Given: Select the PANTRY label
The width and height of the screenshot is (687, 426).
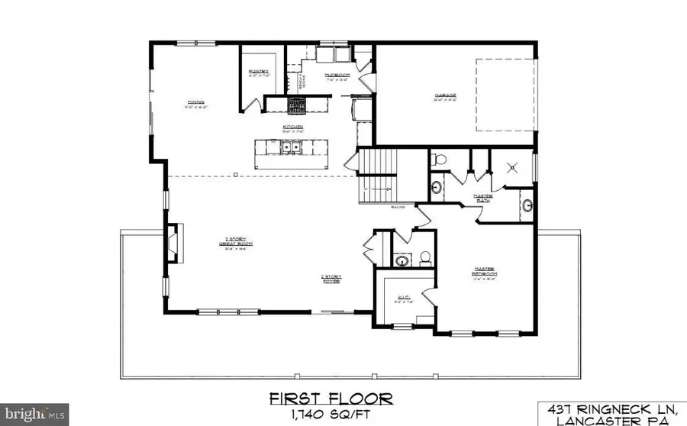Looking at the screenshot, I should [x=256, y=72].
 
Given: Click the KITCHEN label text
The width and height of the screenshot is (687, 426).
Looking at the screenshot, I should [x=294, y=126].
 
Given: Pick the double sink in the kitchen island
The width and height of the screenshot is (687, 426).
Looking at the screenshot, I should [x=292, y=147].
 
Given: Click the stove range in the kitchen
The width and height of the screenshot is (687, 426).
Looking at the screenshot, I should [x=295, y=105].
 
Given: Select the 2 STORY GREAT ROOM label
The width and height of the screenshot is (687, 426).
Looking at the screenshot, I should [x=227, y=243].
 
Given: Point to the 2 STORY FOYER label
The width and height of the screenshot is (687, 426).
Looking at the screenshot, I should [x=330, y=279].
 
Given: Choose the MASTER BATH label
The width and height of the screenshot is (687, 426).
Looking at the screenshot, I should [x=505, y=196].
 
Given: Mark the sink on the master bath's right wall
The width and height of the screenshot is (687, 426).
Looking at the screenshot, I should [x=527, y=204].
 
